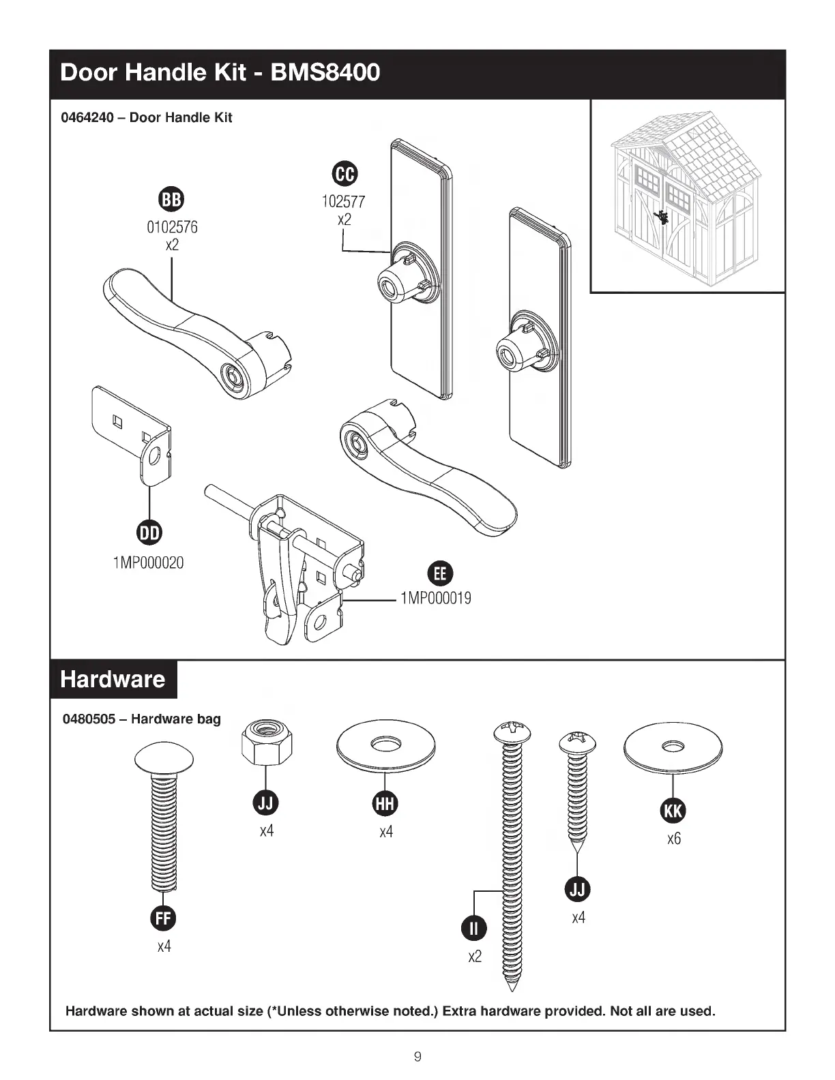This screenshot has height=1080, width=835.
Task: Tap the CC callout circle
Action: coord(344,174)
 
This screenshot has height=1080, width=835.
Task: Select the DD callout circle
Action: coord(149,533)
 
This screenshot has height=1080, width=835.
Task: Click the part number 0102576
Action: coord(173,227)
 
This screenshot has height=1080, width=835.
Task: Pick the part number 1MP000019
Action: coord(436,599)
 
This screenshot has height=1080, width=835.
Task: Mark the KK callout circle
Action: coord(673,811)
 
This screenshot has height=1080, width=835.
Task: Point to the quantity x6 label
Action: coord(674,839)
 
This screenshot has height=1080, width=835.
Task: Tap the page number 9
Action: coord(417,1057)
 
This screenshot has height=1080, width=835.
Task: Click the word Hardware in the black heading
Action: coord(113,679)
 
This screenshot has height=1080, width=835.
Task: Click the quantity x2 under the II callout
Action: coord(475,957)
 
